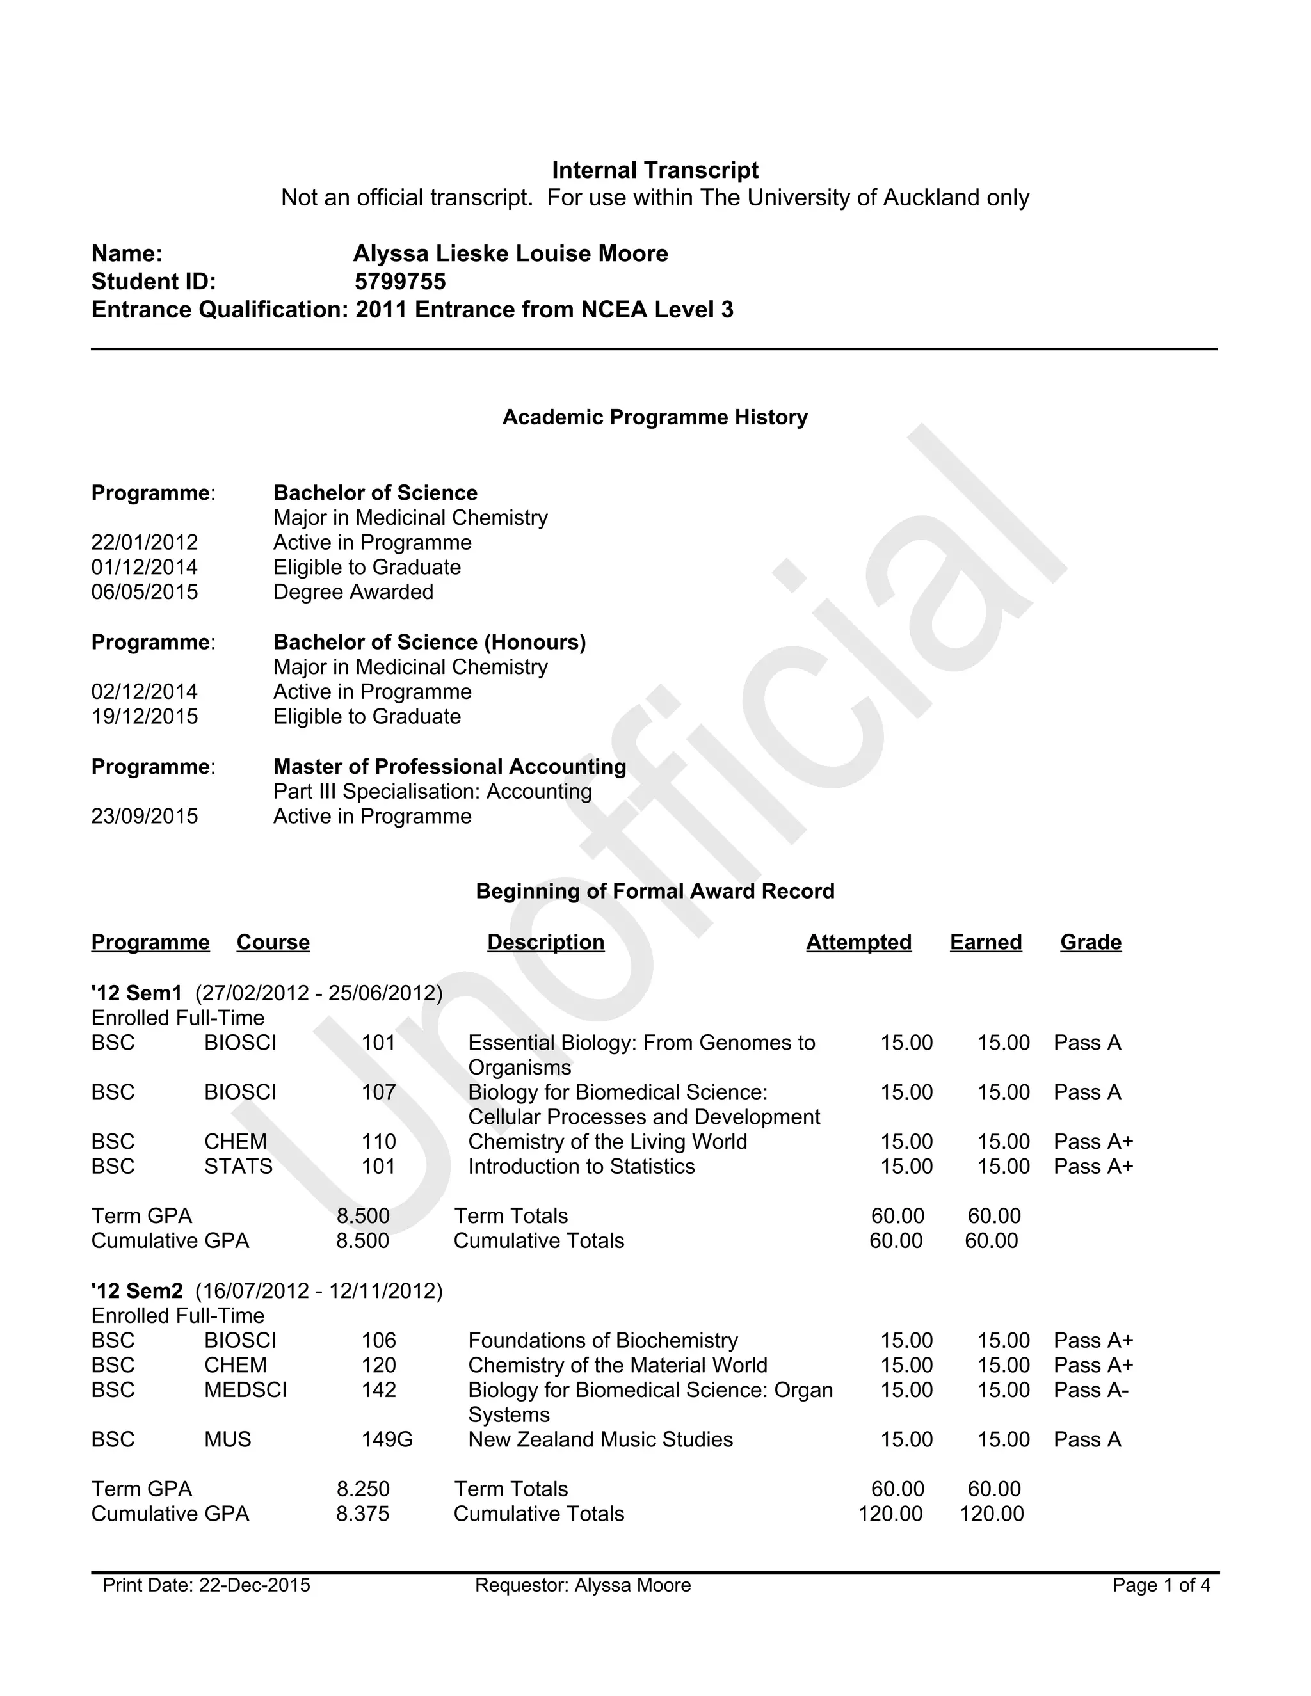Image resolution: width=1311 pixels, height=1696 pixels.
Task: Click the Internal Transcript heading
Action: (655, 170)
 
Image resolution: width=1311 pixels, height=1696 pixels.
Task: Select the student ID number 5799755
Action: (400, 281)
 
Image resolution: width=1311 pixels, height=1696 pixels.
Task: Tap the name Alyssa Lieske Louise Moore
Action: (510, 253)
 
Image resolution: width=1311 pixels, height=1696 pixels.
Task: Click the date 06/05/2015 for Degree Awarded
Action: (145, 592)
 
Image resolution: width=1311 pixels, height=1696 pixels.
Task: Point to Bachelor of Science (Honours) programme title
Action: (430, 642)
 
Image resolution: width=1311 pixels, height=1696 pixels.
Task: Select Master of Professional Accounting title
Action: (449, 767)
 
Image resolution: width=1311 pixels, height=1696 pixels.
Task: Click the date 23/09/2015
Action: (145, 816)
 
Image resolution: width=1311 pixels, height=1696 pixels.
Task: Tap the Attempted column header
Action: (858, 942)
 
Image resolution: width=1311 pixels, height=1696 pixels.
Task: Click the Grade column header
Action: (1090, 942)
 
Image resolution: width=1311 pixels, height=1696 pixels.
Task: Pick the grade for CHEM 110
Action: (1093, 1142)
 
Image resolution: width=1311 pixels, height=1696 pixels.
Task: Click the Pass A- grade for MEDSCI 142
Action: (1090, 1389)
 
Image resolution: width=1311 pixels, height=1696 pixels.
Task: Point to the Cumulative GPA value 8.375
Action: (363, 1514)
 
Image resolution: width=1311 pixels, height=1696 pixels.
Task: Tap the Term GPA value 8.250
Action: (363, 1489)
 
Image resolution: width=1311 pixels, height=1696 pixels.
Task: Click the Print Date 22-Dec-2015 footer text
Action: (207, 1585)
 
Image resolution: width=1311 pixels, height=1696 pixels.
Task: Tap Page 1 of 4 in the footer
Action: (1161, 1585)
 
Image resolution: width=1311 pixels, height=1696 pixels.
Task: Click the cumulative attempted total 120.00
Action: (890, 1514)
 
